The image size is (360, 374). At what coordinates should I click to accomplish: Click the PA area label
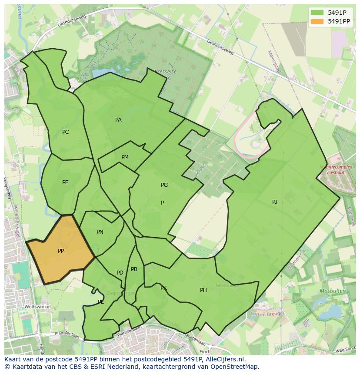coord(118,120)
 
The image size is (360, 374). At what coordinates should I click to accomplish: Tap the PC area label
coord(65,132)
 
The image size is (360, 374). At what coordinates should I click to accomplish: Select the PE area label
coord(65,182)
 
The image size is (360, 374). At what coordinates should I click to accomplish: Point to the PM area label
coord(125,157)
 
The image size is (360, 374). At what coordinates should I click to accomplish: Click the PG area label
coord(164,185)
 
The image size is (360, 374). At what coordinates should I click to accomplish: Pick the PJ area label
coord(275,202)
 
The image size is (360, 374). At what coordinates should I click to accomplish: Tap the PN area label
coord(100,232)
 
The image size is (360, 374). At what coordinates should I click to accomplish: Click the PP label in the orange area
coord(61,251)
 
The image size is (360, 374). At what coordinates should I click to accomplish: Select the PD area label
coord(120,273)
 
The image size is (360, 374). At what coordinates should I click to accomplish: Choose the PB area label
coord(134,269)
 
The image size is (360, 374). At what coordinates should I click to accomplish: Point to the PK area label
coord(163,288)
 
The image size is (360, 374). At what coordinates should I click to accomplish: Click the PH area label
coord(203,290)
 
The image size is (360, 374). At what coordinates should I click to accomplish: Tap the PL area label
coord(101,302)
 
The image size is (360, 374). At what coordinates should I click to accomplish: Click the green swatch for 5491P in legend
coord(317,13)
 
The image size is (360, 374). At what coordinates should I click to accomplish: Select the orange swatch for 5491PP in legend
coord(317,21)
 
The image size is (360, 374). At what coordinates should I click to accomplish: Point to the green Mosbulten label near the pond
coord(333,291)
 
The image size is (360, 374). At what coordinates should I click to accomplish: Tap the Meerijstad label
coord(274,62)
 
